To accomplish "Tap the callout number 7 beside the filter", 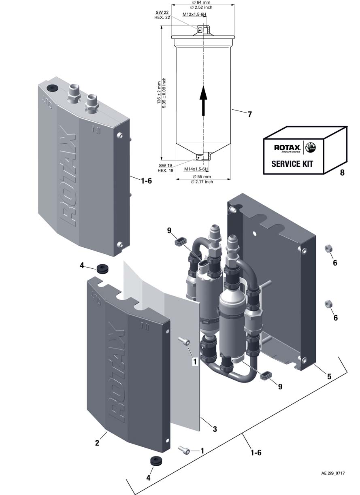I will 250,115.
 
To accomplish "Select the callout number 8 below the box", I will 342,173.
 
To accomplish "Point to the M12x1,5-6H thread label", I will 194,14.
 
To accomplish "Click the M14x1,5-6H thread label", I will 196,169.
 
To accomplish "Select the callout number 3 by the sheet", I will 215,429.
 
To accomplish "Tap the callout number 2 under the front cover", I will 97,443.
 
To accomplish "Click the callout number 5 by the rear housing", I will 329,376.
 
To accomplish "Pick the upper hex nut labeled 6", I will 327,248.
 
